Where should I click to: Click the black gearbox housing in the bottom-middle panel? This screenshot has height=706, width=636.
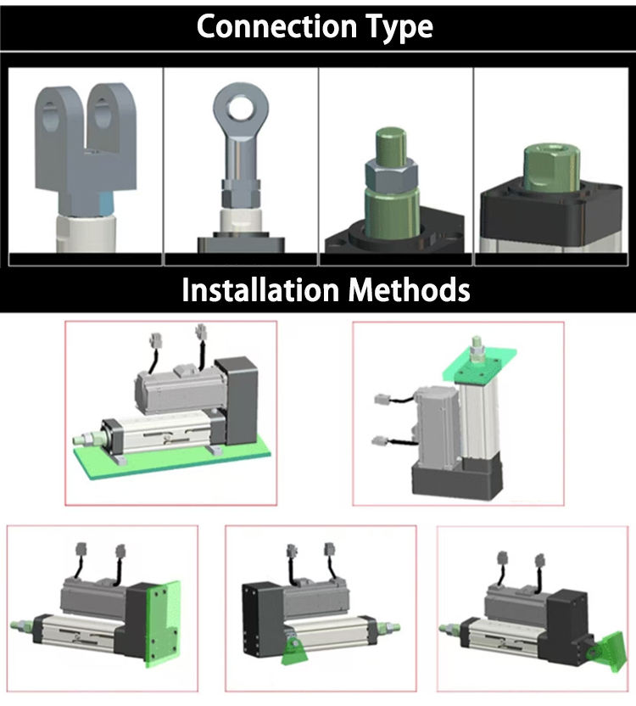click(x=260, y=619)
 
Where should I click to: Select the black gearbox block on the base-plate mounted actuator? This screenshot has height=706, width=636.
click(x=237, y=390)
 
